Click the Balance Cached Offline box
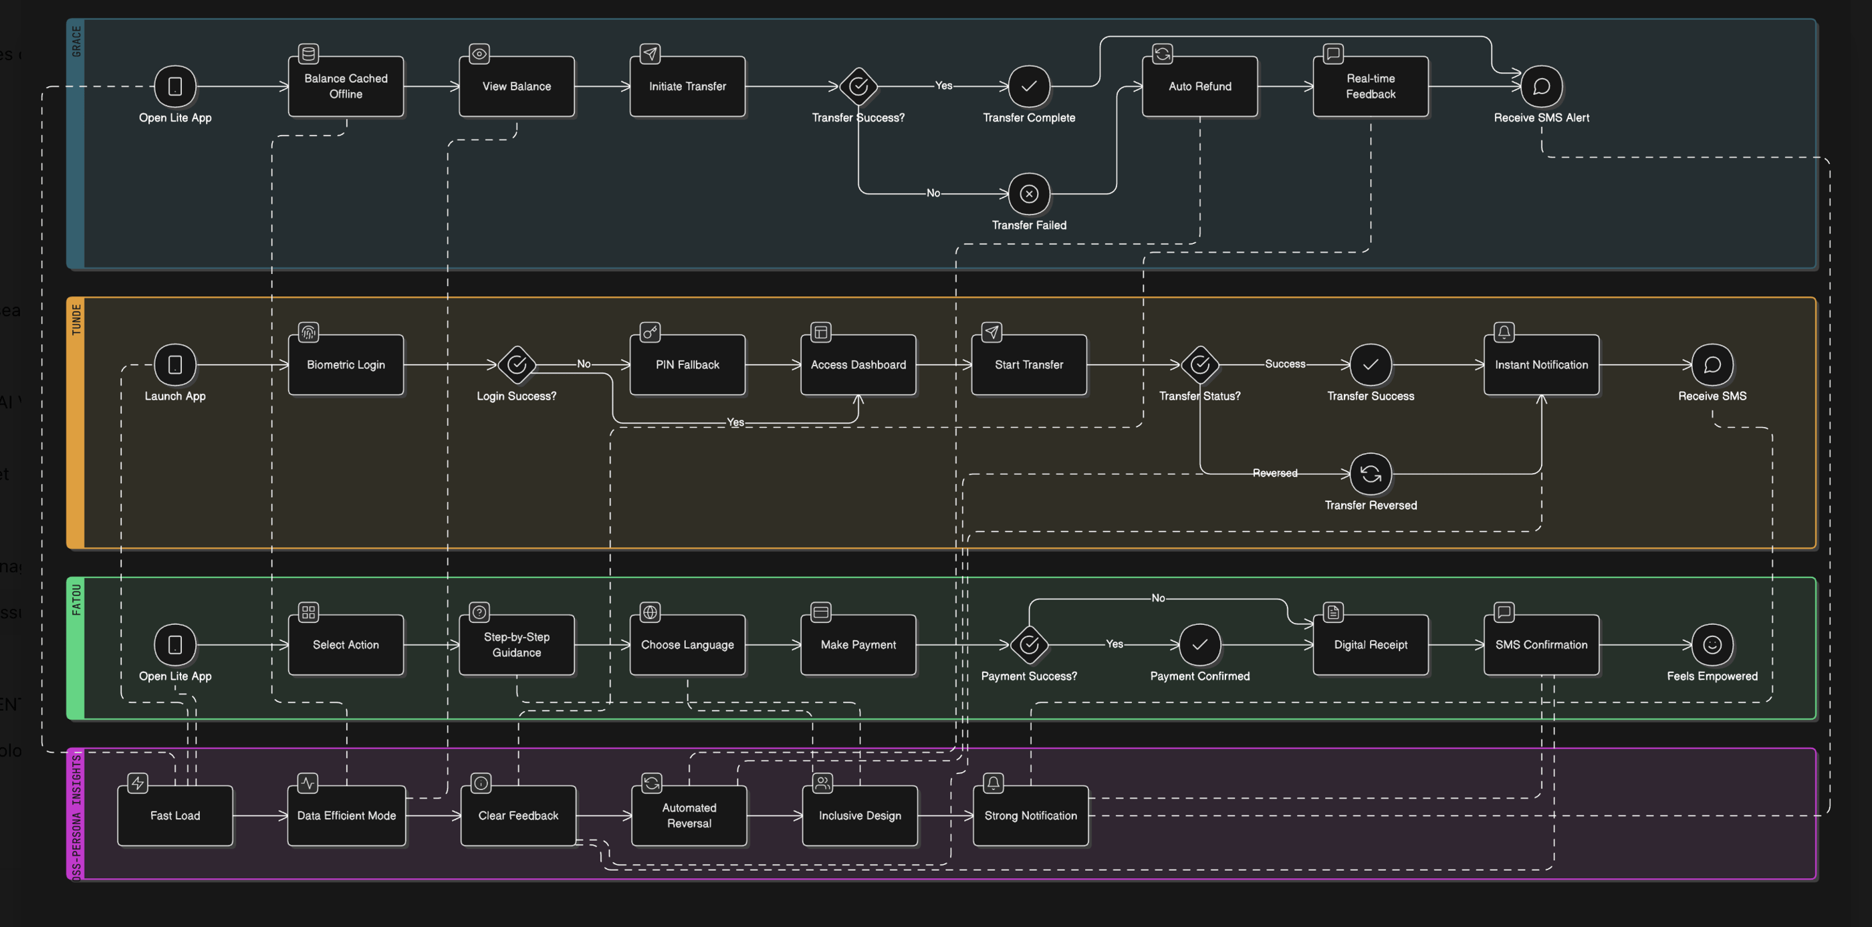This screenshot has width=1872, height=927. coord(346,86)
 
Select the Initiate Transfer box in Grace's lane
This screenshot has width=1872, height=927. coord(687,86)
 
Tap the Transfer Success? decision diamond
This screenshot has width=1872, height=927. coord(858,86)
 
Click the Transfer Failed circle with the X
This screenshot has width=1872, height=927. coord(1029,194)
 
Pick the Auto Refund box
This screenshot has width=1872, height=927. coord(1200,86)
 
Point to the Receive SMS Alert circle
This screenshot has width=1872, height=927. coord(1541,86)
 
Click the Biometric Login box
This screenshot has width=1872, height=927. coord(346,365)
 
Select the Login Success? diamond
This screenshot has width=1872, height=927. coord(517,365)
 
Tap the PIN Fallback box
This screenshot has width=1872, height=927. coord(687,365)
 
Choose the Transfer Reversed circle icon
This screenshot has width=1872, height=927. coord(1371,474)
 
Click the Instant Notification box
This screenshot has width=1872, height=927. coord(1541,365)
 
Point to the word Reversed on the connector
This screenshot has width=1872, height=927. coord(1275,473)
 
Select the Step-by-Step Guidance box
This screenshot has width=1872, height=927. coord(517,645)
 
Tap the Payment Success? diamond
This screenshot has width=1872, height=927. coord(1029,645)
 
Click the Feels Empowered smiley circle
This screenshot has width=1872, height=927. coord(1712,645)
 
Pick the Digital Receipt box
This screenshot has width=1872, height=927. coord(1371,645)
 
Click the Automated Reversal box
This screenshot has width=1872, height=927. coord(689,816)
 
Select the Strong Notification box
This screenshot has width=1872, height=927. coord(1030,816)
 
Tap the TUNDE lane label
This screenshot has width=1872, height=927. coord(76,319)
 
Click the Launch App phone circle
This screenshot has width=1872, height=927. coord(175,365)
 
